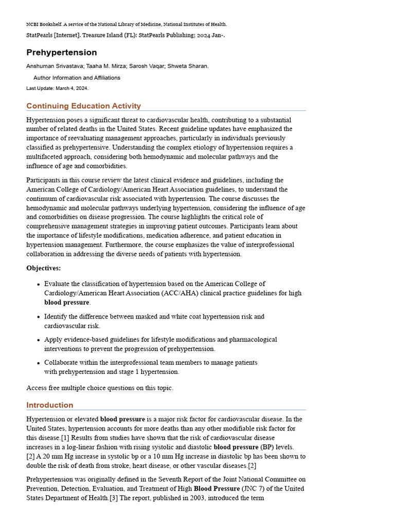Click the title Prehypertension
coord(62,52)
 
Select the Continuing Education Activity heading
coord(83,106)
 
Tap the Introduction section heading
coord(50,405)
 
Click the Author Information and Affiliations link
coord(77,78)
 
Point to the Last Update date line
coord(57,88)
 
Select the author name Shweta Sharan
coord(191,66)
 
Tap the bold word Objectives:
coord(43,268)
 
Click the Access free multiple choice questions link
coord(100,388)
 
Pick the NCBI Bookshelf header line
coord(127,24)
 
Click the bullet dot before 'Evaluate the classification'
coord(39,284)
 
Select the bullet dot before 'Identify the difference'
coord(39,317)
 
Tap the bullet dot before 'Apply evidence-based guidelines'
coord(39,340)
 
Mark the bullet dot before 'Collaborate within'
coord(39,363)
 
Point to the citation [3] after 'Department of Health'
coord(115,498)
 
